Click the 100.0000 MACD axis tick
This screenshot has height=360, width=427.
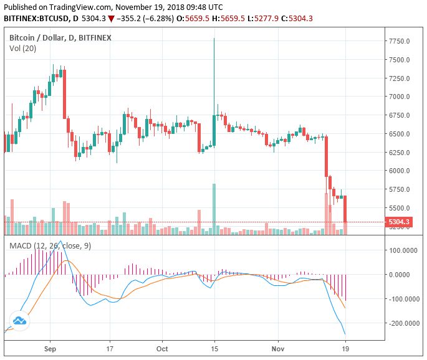403,250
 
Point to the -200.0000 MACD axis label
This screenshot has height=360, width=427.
402,324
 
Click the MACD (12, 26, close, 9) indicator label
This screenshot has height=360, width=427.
50,246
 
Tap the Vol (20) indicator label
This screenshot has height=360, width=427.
22,48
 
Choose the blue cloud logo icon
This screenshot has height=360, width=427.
19,320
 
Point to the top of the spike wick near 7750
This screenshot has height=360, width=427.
214,39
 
